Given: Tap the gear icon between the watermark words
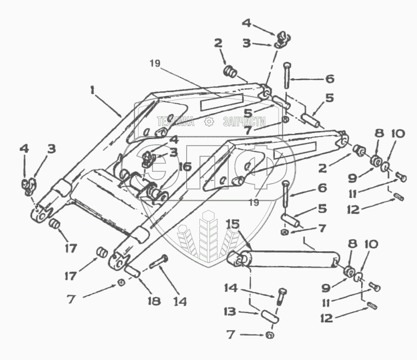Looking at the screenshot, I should pos(208,122).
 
